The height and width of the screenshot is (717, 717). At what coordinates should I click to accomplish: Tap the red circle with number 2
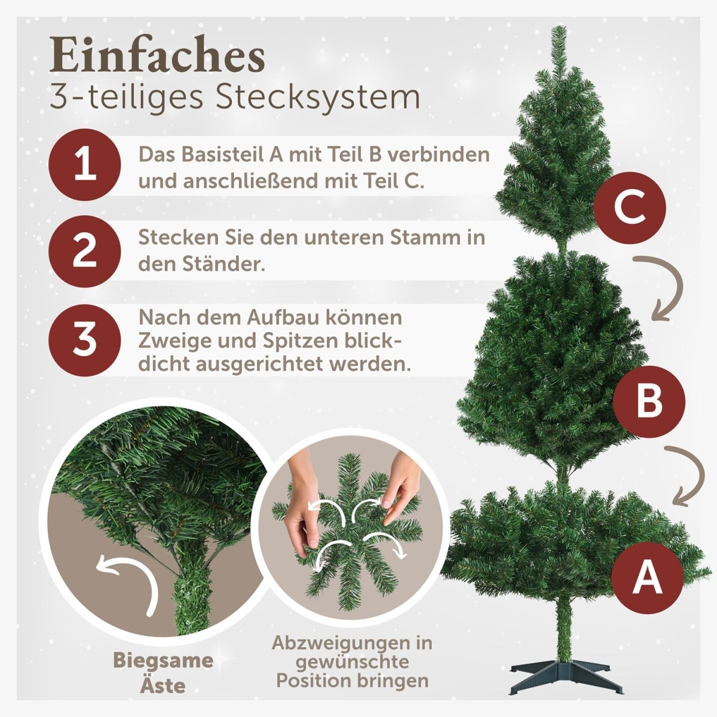tap(84, 250)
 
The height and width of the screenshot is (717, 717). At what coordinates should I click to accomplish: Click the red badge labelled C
tap(629, 209)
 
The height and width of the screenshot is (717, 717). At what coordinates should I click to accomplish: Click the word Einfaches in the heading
tap(157, 57)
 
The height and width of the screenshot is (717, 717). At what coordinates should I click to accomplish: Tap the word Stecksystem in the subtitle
tap(318, 97)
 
